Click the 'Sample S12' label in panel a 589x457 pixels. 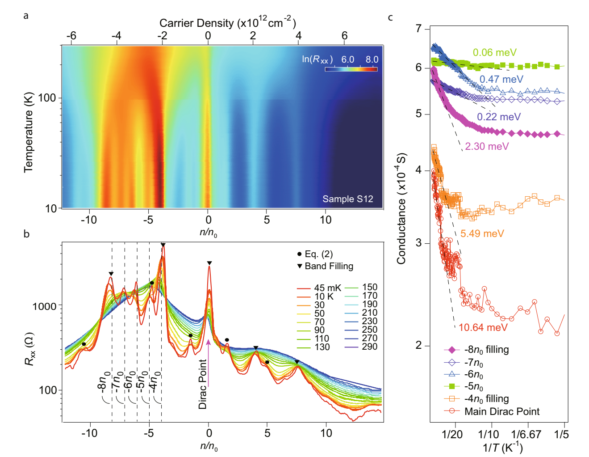tap(347, 199)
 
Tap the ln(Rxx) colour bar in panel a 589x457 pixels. tap(351, 69)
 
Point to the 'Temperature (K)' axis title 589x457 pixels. tap(29, 132)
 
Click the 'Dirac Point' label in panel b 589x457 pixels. tap(203, 384)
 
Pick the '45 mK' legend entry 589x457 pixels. tap(327, 288)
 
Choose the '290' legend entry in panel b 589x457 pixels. tap(369, 347)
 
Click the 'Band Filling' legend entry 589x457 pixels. tap(329, 266)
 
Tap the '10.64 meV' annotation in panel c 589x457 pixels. tap(483, 327)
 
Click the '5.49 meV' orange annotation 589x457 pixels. tap(482, 233)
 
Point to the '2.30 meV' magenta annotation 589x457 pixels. tap(487, 146)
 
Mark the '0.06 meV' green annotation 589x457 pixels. tap(494, 52)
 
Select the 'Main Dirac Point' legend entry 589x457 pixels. tap(501, 411)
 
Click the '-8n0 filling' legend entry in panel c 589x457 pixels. tap(486, 350)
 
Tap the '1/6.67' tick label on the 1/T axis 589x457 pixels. tap(526, 434)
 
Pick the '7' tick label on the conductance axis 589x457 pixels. tap(418, 29)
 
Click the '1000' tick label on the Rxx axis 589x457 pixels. tap(44, 306)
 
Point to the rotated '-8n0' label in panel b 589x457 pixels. tap(104, 381)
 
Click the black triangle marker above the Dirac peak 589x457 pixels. tap(209, 263)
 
